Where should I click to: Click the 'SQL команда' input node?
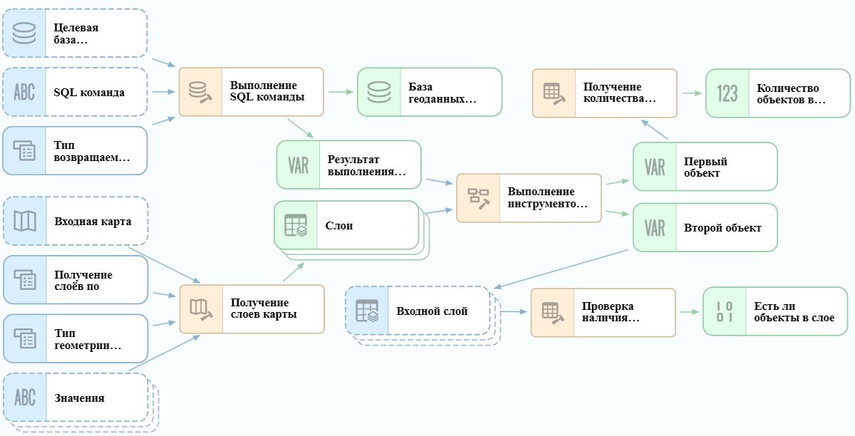point(75,92)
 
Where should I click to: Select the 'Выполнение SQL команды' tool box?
point(251,92)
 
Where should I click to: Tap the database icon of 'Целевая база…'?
point(24,33)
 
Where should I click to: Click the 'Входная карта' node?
point(76,221)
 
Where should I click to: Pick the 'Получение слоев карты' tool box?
point(252,309)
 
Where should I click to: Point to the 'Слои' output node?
point(346,225)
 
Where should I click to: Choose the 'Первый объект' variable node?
point(705,167)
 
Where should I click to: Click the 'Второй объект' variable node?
point(705,227)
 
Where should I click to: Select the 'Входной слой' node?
point(418,311)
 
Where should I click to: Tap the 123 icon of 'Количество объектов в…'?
point(727,93)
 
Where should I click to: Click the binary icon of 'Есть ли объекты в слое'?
point(725,311)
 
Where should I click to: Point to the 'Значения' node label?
point(79,398)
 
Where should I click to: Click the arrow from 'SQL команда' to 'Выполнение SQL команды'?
point(164,92)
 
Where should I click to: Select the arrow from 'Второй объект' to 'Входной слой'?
point(561,269)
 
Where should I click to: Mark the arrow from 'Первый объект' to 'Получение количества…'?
point(655,130)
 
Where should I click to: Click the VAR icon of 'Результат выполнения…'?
point(298,165)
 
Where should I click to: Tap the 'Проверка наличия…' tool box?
point(603,313)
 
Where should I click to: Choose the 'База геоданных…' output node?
point(430,92)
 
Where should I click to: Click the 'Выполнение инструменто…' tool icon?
point(479,199)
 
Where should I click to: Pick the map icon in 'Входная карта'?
point(25,221)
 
